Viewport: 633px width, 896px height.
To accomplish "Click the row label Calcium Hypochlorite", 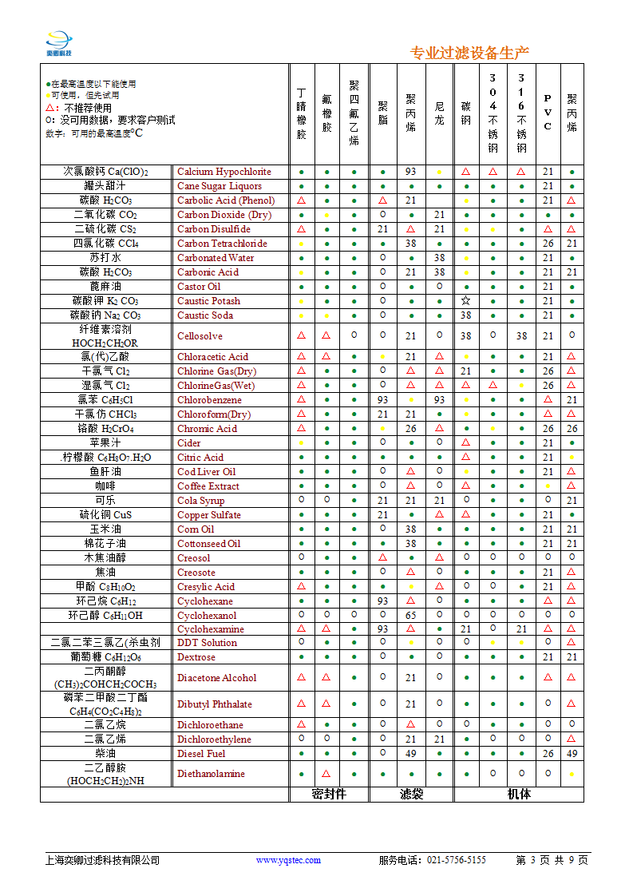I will (224, 172).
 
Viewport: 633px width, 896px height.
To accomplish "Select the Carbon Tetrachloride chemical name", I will (222, 244).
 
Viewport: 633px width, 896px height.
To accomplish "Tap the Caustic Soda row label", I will (204, 315).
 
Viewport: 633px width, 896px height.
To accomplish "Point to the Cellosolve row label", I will (200, 336).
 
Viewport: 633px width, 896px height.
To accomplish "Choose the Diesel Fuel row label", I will (201, 754).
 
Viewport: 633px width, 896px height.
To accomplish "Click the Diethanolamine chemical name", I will (211, 774).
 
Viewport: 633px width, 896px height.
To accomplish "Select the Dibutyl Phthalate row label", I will (214, 704).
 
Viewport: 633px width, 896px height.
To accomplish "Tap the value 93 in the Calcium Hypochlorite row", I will (410, 172).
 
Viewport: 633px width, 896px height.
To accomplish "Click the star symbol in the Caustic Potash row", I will (465, 301).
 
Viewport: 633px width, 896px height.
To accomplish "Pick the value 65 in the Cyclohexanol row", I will (410, 616).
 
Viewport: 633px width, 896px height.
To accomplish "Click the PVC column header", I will (548, 112).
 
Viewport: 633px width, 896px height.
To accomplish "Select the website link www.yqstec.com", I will (288, 860).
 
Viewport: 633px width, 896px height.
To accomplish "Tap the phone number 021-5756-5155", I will (457, 860).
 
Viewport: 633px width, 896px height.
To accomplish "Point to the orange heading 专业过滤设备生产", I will (469, 54).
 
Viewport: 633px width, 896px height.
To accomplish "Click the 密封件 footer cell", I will (328, 794).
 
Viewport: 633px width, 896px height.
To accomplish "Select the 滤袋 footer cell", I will (410, 794).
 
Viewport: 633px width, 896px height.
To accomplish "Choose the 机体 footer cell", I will (519, 794).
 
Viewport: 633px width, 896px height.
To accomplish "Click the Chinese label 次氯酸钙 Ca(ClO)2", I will (106, 172).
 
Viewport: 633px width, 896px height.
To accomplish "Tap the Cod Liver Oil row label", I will (206, 472).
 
